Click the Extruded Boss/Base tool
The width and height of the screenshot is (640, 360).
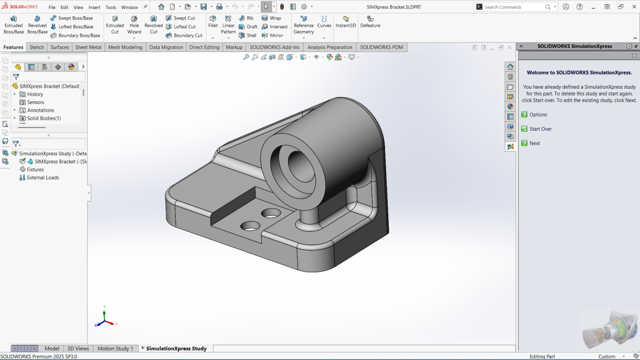click(14, 25)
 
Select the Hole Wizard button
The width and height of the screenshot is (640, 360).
click(134, 25)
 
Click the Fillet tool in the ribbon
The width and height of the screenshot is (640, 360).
click(212, 22)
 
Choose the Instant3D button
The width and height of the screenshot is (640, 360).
click(346, 22)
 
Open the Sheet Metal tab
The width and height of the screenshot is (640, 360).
click(88, 47)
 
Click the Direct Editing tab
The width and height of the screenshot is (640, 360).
click(204, 47)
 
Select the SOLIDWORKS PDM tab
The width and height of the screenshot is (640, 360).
click(381, 47)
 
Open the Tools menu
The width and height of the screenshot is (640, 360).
click(111, 7)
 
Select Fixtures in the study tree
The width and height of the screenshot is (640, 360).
click(35, 170)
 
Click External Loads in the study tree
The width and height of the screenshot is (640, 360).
click(42, 178)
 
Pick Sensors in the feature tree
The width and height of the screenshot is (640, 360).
click(35, 102)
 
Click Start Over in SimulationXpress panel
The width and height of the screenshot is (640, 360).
click(540, 129)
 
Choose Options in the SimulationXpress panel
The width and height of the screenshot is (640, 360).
click(538, 115)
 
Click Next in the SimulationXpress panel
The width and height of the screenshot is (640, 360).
click(535, 143)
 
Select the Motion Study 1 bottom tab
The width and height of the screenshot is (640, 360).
click(115, 348)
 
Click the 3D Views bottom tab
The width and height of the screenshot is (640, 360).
click(78, 348)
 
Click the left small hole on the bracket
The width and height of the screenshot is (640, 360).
click(250, 226)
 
